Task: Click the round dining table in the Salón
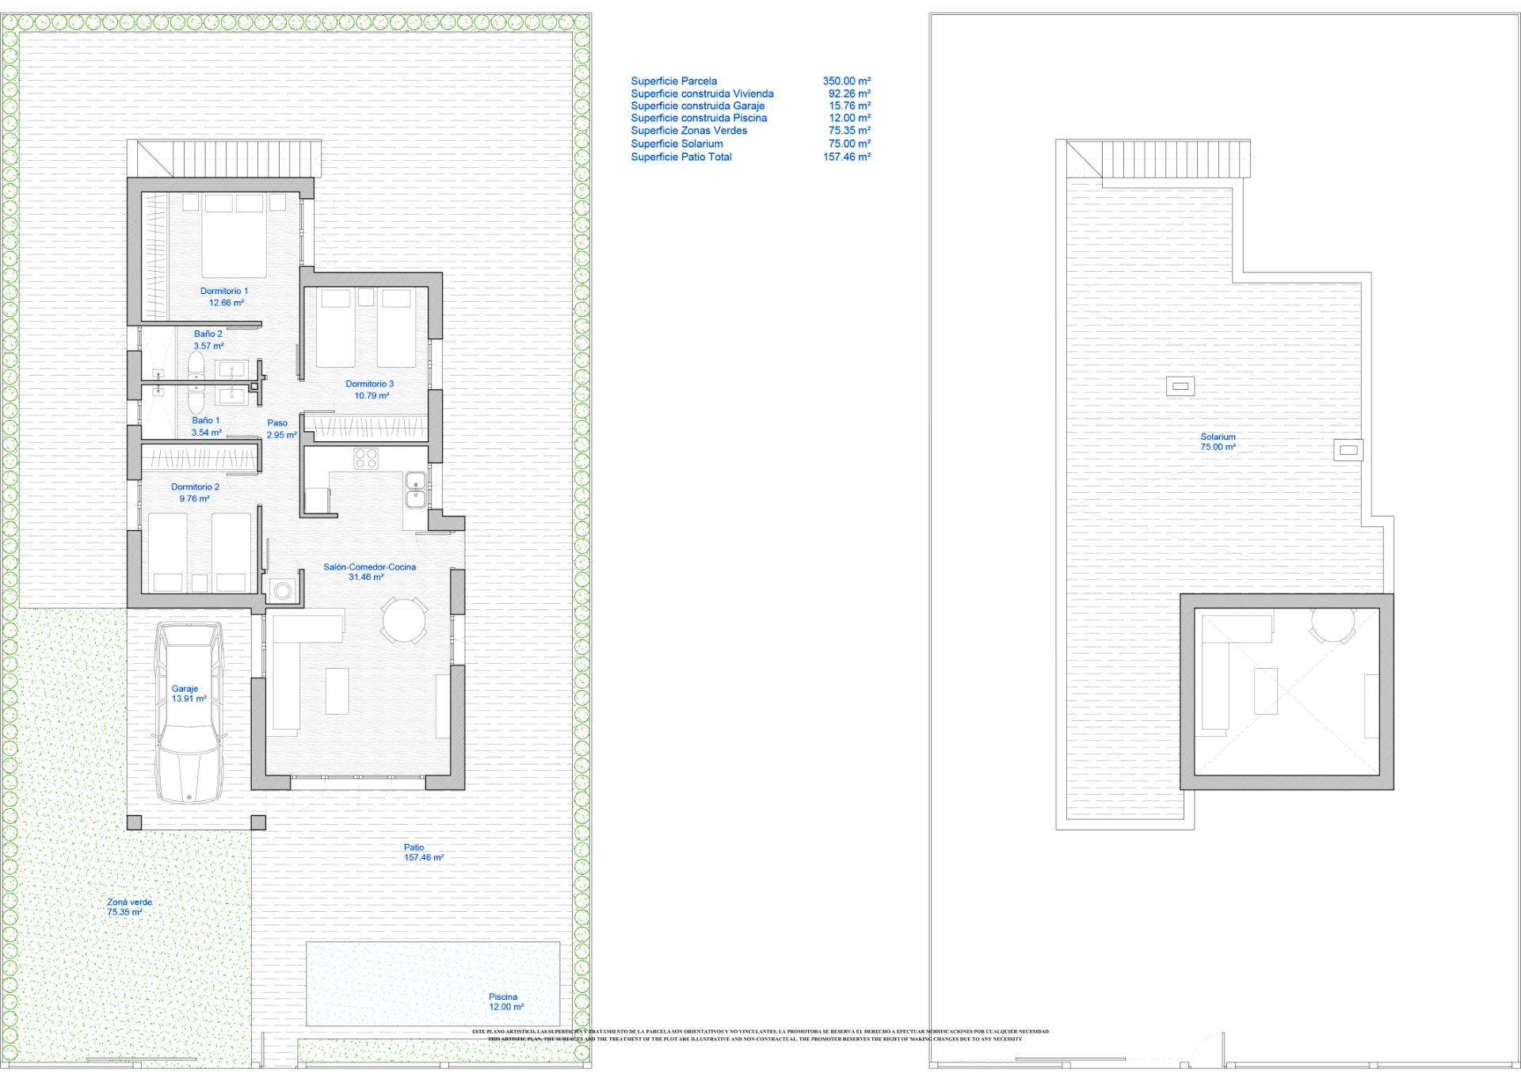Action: pos(404,619)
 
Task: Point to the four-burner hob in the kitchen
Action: pos(365,458)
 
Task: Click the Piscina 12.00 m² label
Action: pos(505,1001)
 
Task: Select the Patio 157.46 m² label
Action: pos(423,853)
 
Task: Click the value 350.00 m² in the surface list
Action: pos(846,81)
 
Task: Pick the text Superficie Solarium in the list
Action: pos(677,143)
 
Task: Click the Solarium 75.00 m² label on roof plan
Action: pos(1218,441)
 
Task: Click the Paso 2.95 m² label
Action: pos(280,429)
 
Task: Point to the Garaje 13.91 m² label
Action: pos(189,694)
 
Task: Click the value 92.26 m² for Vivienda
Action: pos(849,93)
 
